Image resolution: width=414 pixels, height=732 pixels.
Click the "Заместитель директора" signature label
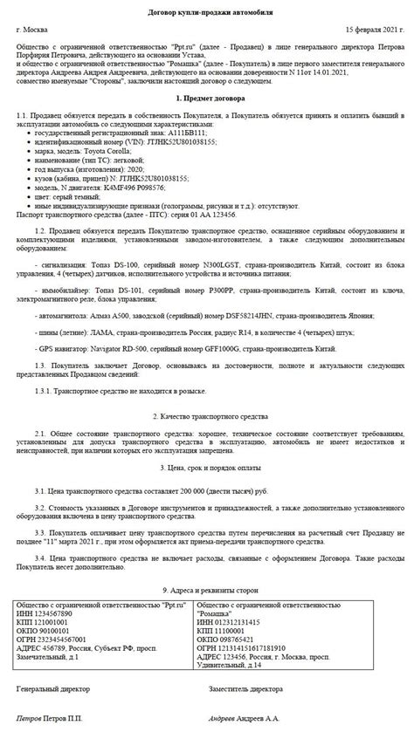point(245,688)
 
